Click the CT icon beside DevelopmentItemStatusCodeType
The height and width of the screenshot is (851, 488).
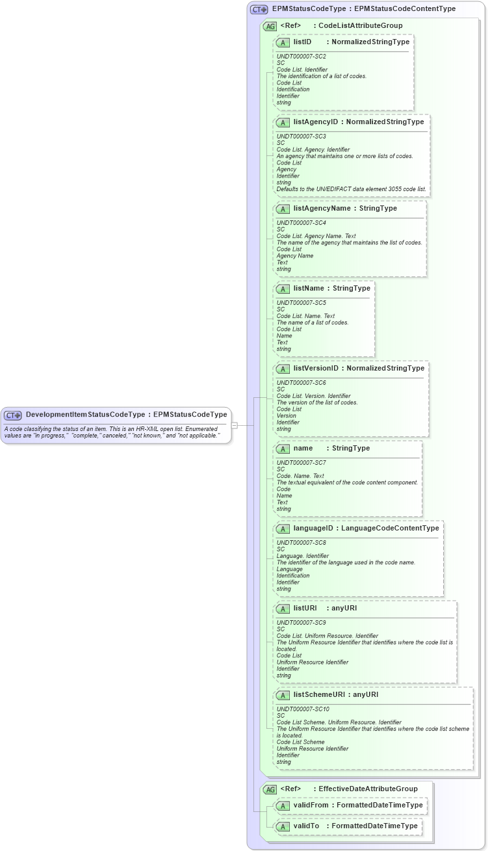13,415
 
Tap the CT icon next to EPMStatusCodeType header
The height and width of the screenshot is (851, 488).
259,10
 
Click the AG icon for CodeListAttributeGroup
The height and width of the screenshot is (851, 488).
270,26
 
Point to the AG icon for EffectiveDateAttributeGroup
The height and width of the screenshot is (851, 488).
270,789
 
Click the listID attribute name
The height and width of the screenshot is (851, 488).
303,42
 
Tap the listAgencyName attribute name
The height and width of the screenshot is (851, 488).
322,208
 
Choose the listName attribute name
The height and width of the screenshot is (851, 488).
309,288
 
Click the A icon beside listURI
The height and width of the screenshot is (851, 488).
283,609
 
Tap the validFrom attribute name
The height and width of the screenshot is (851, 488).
311,805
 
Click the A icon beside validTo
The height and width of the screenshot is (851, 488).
283,826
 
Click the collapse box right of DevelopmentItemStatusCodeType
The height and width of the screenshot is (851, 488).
235,425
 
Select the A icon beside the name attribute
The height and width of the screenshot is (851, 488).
283,449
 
